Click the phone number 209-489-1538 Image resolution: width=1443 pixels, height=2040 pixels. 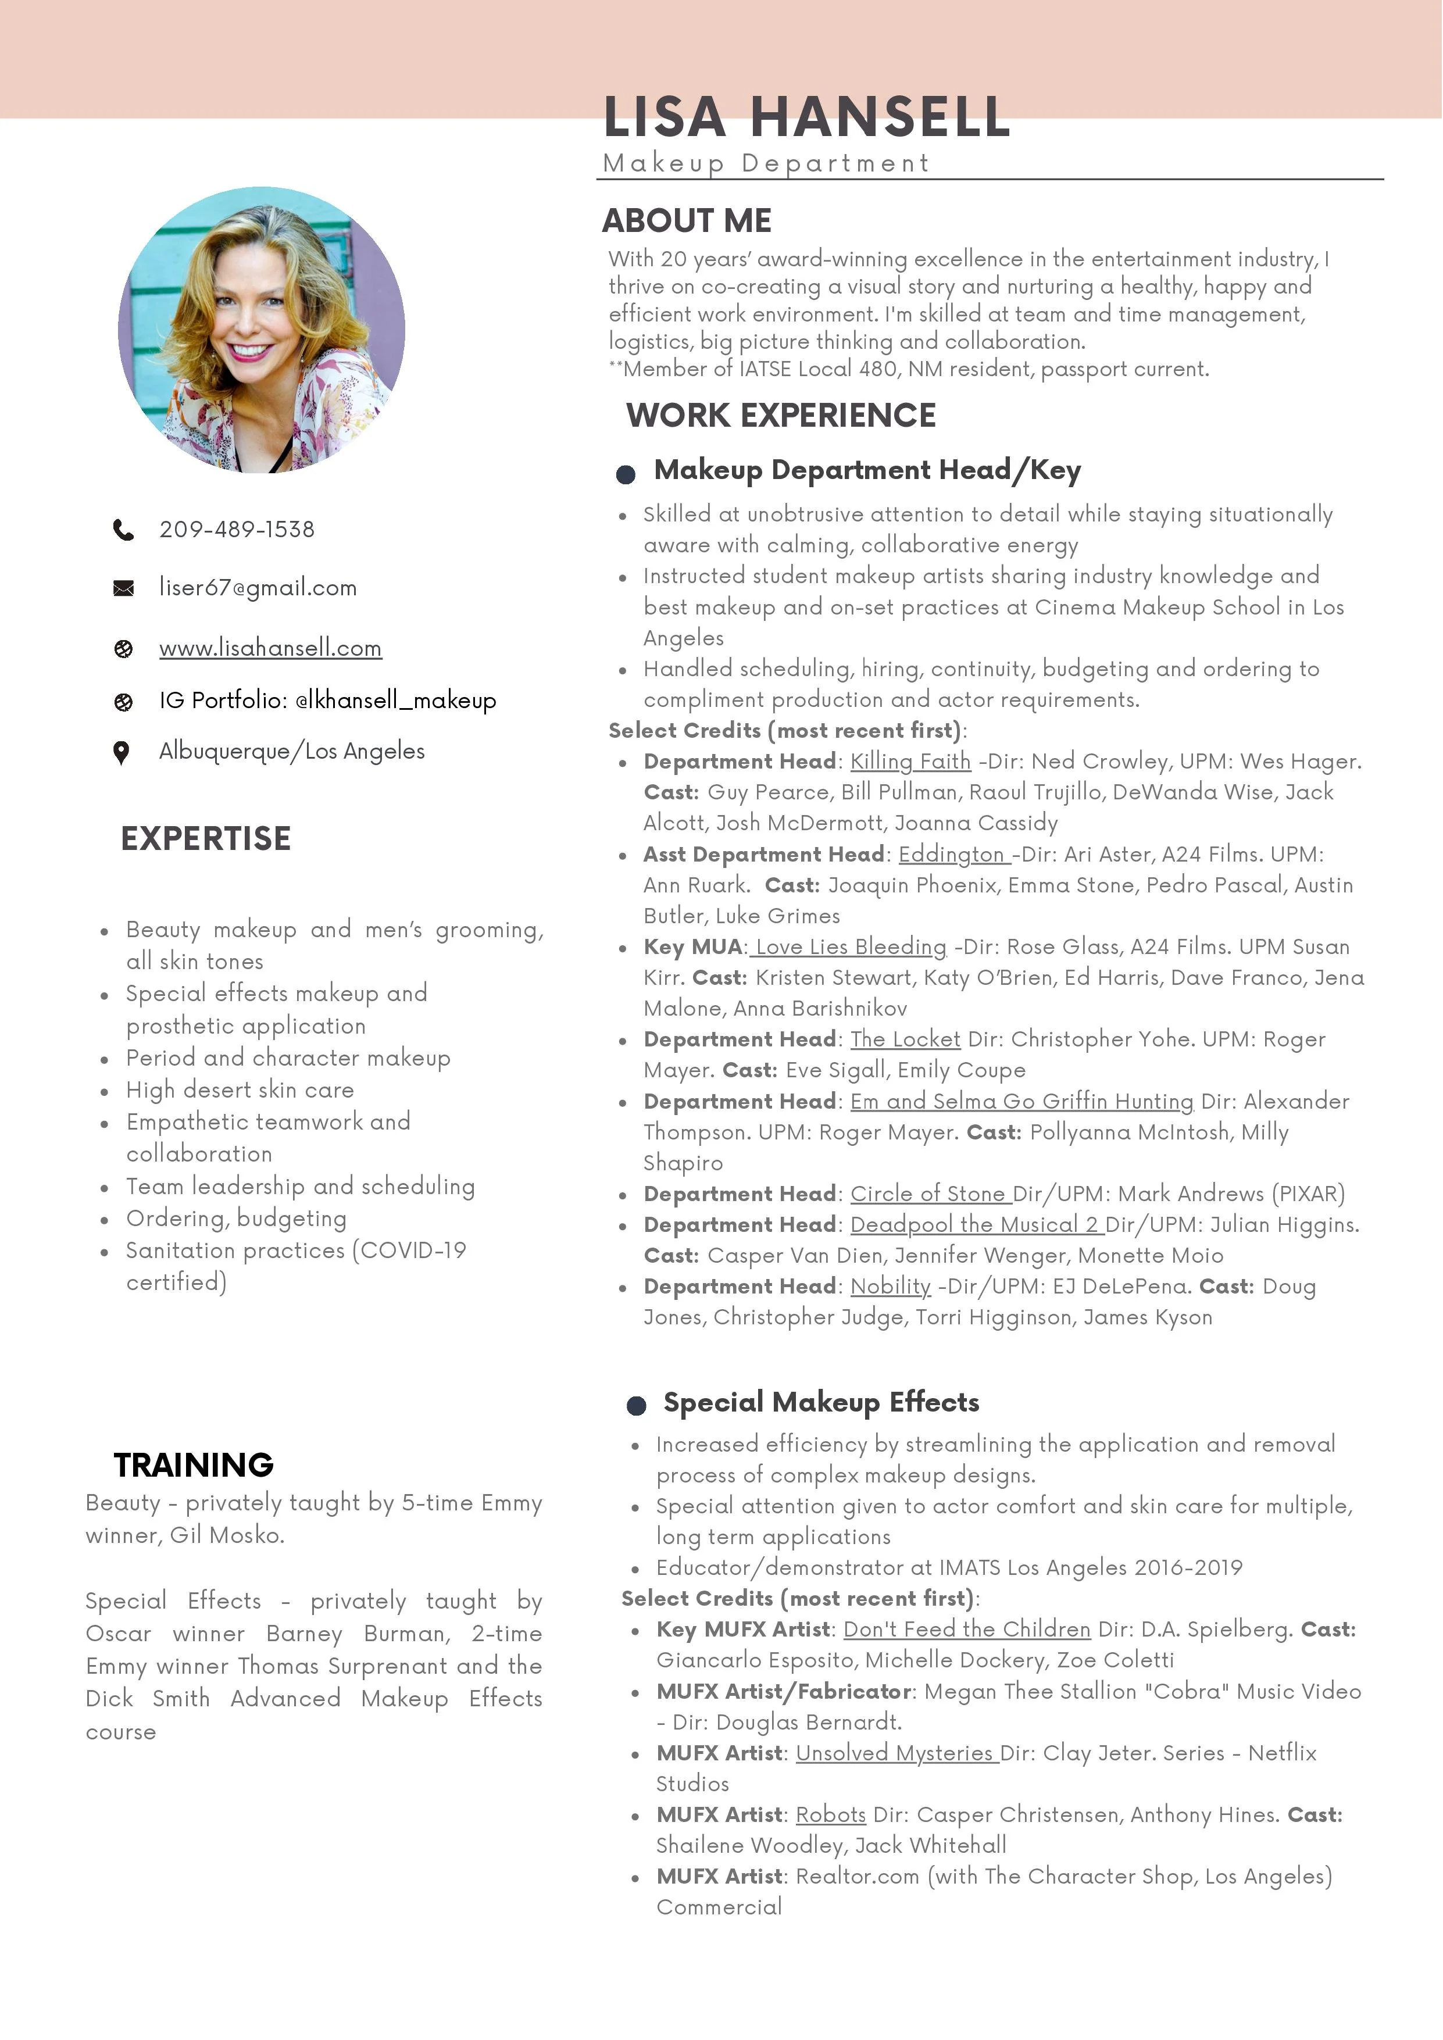tap(237, 530)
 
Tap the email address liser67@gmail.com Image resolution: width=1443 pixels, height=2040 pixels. tap(258, 587)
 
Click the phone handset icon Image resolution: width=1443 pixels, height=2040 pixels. tap(123, 530)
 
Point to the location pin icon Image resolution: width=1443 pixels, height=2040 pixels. tap(122, 752)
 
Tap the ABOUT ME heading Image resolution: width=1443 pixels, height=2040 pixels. tap(687, 220)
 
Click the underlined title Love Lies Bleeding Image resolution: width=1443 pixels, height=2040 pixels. tap(851, 947)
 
